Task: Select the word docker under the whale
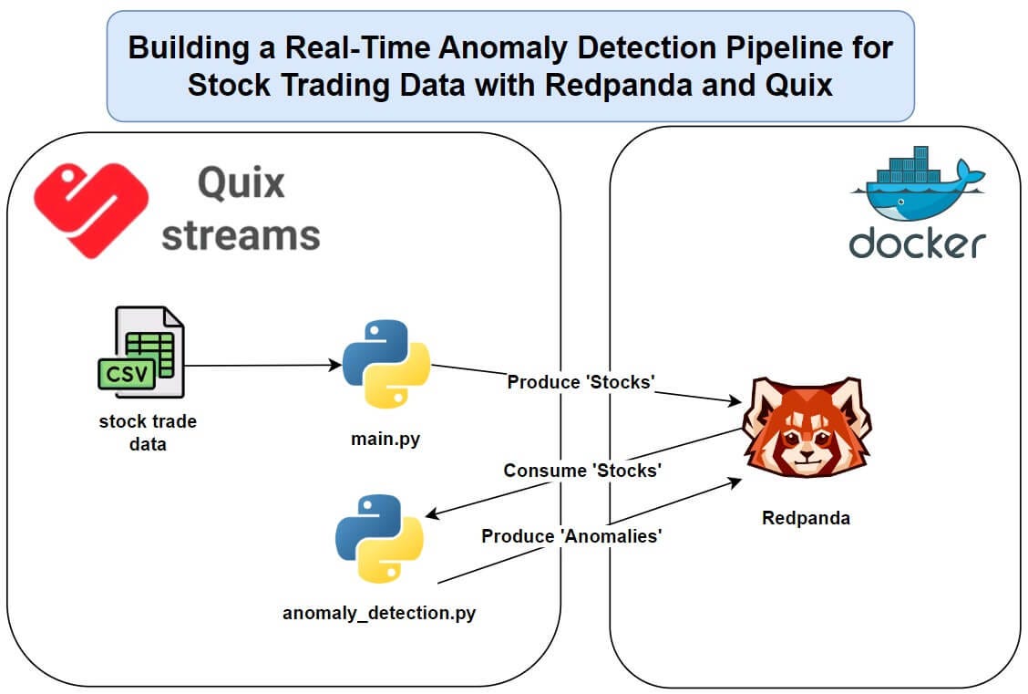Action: click(x=917, y=243)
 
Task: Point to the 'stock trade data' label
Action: click(x=148, y=433)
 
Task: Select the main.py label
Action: click(x=386, y=440)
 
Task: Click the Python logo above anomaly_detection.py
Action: click(x=379, y=539)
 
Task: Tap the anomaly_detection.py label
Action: click(x=379, y=613)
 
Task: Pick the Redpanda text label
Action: click(x=806, y=518)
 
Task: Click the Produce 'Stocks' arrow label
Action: click(x=581, y=382)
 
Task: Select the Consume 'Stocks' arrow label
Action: click(x=582, y=471)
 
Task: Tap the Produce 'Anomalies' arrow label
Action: click(x=571, y=536)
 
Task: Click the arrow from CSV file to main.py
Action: click(x=260, y=366)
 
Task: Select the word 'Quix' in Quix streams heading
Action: click(x=241, y=182)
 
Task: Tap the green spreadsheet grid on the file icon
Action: click(x=150, y=354)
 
